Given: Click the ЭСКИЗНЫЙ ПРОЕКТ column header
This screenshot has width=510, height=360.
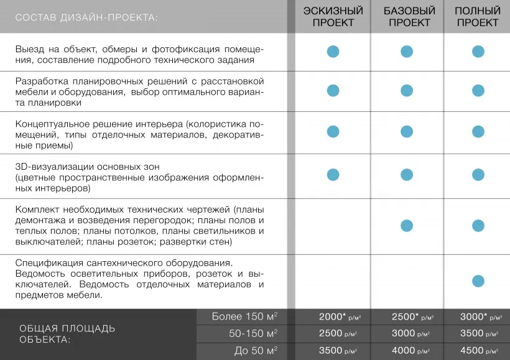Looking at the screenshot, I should (x=333, y=17).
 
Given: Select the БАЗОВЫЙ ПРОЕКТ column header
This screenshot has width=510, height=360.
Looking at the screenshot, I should (x=406, y=17).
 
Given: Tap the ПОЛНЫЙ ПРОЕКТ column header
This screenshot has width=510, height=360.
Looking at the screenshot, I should (x=478, y=17).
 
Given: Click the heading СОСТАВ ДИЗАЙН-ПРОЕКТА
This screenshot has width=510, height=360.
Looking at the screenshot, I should (x=86, y=17).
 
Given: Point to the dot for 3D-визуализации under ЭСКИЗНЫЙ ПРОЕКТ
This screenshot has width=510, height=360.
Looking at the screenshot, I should (x=333, y=173).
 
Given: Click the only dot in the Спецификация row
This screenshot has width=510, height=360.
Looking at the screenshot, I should (x=478, y=280).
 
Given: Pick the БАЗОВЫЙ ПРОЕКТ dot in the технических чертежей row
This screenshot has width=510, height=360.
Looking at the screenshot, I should (x=407, y=225).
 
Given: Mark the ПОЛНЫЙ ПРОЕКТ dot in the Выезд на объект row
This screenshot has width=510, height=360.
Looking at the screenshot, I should (x=478, y=52).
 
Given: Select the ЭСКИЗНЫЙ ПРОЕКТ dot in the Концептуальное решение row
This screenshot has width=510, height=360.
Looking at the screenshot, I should (x=333, y=131).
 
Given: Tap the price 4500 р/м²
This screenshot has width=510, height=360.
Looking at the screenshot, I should (x=478, y=351).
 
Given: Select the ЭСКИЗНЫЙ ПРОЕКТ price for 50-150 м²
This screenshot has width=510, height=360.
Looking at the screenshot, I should (x=338, y=333).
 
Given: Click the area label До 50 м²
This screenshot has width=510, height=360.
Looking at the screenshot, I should (x=256, y=351).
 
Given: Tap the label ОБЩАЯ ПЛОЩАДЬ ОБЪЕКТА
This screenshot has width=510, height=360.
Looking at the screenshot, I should (x=67, y=334).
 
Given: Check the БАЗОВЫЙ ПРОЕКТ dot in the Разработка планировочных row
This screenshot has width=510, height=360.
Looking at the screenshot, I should (x=407, y=90).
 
